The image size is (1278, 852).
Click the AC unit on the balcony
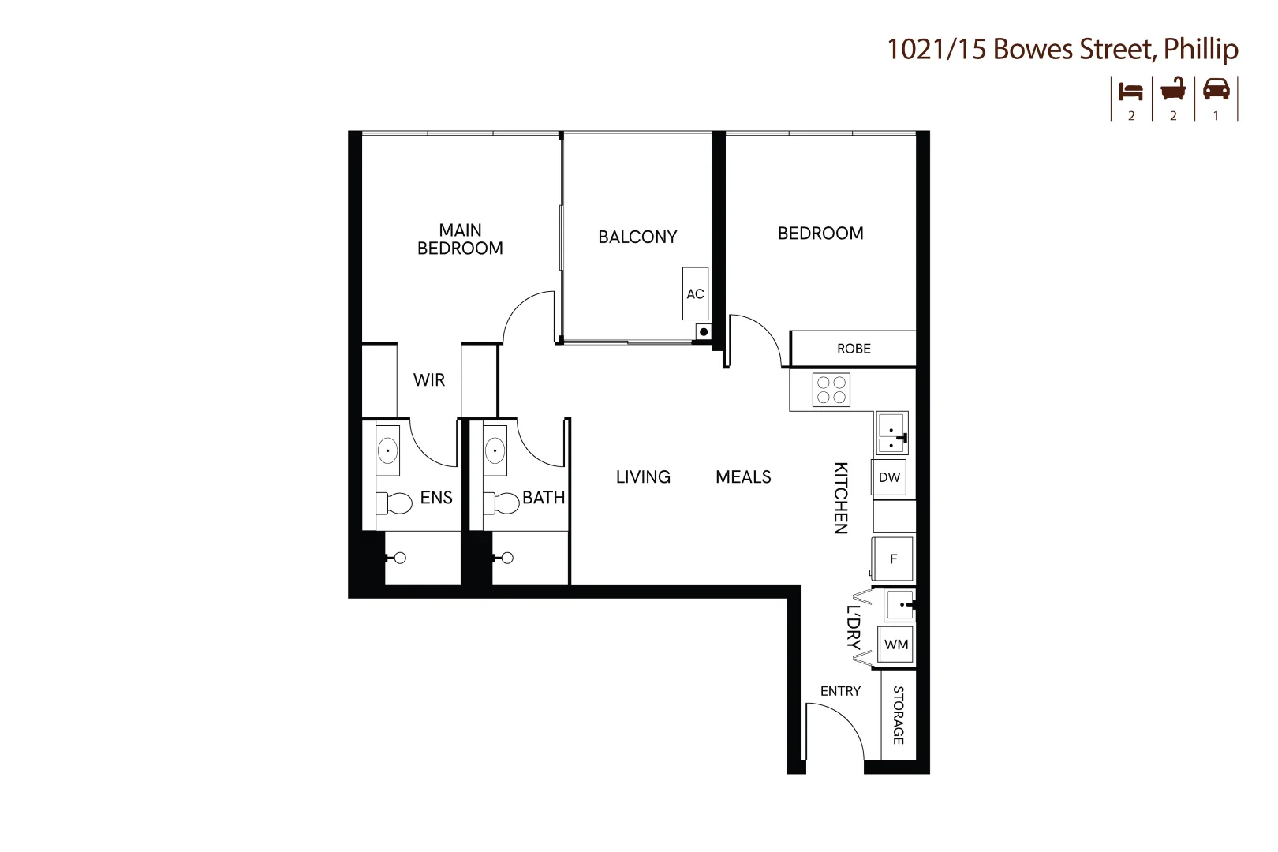pyautogui.click(x=696, y=293)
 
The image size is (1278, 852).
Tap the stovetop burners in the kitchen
pyautogui.click(x=831, y=390)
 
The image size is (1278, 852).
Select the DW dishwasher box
pyautogui.click(x=889, y=477)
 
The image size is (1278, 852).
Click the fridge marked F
pyautogui.click(x=892, y=559)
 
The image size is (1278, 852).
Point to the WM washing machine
pyautogui.click(x=895, y=645)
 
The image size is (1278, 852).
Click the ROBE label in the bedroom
pyautogui.click(x=854, y=349)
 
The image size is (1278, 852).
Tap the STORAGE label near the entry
pyautogui.click(x=898, y=715)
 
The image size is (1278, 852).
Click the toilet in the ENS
pyautogui.click(x=394, y=503)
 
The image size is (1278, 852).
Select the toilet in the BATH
pyautogui.click(x=501, y=503)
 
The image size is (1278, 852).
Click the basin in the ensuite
pyautogui.click(x=388, y=450)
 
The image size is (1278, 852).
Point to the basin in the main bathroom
pyautogui.click(x=495, y=450)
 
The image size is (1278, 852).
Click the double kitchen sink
pyautogui.click(x=891, y=433)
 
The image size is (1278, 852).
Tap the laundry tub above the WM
pyautogui.click(x=900, y=605)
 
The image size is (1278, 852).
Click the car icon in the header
pyautogui.click(x=1216, y=89)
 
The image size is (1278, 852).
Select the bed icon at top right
pyautogui.click(x=1130, y=92)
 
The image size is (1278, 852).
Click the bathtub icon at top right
pyautogui.click(x=1173, y=89)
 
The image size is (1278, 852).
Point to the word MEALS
pyautogui.click(x=743, y=476)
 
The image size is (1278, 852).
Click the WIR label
pyautogui.click(x=429, y=379)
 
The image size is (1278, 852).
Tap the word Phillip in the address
pyautogui.click(x=1201, y=49)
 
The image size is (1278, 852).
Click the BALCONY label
pyautogui.click(x=637, y=236)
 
